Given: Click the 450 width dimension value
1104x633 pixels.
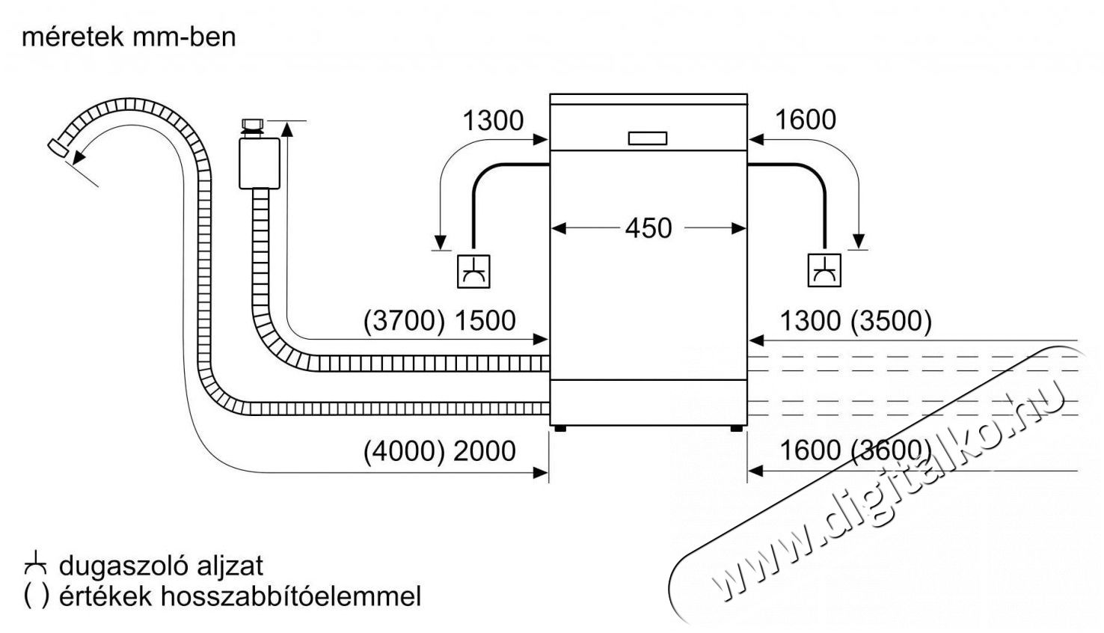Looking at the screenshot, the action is [x=648, y=228].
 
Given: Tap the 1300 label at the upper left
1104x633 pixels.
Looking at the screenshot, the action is [x=493, y=120].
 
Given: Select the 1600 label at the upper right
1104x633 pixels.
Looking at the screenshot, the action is [x=806, y=120].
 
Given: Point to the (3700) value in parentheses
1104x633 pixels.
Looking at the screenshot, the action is [x=404, y=320].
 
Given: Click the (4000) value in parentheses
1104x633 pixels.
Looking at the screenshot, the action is [x=404, y=451].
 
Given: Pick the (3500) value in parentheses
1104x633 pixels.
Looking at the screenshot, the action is [x=891, y=321].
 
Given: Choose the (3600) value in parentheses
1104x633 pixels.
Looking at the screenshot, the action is [x=891, y=450].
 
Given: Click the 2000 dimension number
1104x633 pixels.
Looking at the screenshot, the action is [x=485, y=451].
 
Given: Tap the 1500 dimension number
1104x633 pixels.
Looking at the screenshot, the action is [x=485, y=320].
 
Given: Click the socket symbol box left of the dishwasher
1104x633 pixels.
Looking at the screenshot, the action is [x=473, y=271].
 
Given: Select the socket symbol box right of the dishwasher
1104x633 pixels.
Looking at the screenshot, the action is [x=824, y=270].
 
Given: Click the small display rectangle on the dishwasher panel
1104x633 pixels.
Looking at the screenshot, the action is [x=648, y=138].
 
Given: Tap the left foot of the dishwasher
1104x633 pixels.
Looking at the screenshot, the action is [x=560, y=429].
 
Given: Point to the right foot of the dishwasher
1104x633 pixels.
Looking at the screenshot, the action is [x=737, y=429].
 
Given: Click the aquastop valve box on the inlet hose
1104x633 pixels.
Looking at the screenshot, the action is [x=260, y=163].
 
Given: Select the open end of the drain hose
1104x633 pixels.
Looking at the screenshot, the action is [x=58, y=148].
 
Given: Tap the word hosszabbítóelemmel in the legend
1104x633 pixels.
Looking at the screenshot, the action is [x=289, y=596].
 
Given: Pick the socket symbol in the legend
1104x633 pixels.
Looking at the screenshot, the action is [x=35, y=565].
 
